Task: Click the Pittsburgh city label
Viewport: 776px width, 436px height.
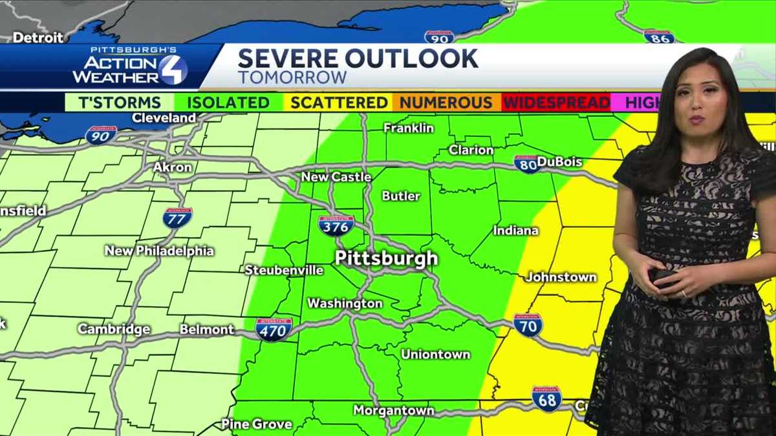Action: click(x=386, y=259)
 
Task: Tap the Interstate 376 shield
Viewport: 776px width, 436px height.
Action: click(x=336, y=225)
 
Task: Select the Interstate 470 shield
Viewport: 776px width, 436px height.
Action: click(x=274, y=329)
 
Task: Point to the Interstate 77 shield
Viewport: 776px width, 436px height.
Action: click(x=177, y=217)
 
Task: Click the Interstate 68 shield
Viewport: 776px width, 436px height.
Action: click(x=546, y=398)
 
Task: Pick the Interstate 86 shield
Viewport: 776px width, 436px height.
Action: click(x=659, y=36)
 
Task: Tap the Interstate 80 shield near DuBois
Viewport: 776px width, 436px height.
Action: click(x=527, y=164)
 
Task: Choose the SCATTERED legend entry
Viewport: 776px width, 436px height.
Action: click(x=339, y=103)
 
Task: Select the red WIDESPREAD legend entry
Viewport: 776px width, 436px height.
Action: click(x=556, y=103)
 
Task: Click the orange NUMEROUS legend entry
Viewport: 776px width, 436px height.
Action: click(x=446, y=103)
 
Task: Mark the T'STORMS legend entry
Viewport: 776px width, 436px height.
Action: click(x=120, y=103)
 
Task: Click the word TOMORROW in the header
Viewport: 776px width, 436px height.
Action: click(x=292, y=78)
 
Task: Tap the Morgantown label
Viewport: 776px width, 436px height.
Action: click(x=393, y=410)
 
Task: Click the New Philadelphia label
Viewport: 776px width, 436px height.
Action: click(x=159, y=251)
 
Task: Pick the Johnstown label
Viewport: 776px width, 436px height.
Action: click(x=561, y=276)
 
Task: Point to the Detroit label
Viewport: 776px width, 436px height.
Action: click(x=38, y=37)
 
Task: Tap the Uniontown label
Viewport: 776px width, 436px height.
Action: click(x=435, y=354)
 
